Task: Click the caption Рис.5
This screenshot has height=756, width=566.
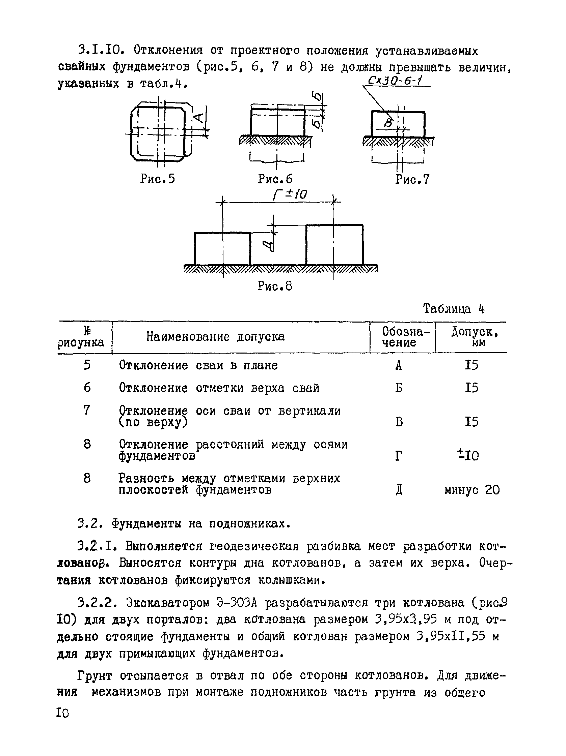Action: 157,179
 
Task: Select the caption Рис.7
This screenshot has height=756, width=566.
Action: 412,179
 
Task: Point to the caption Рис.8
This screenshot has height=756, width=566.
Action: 275,286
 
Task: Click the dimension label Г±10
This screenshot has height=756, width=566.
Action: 290,194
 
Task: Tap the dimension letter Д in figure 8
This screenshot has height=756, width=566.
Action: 270,244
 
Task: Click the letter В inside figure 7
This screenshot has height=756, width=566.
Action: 388,122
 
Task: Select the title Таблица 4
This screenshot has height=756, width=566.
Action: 454,309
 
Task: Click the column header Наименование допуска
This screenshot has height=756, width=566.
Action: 215,337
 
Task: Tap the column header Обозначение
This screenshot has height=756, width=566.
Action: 402,337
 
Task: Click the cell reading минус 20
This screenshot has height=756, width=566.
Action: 471,490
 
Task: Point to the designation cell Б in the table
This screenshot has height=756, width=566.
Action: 399,388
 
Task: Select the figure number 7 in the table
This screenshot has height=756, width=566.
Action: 87,410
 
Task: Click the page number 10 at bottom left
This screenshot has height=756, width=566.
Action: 63,713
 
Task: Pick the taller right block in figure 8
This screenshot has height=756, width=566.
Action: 334,245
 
